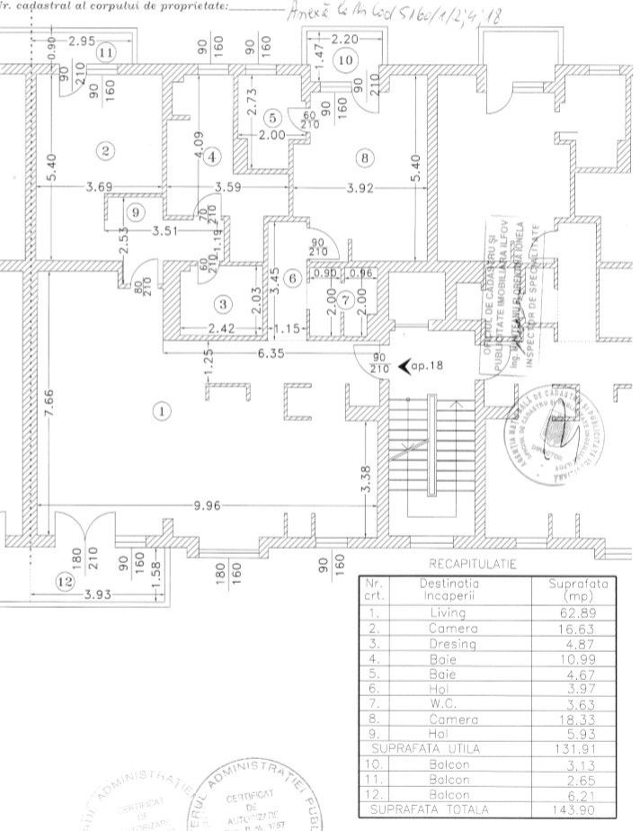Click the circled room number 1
click(162, 412)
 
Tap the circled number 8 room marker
click(363, 158)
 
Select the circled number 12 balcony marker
click(64, 581)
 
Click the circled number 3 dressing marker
click(224, 301)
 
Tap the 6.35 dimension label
click(271, 353)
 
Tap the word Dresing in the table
click(448, 643)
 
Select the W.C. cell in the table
click(448, 704)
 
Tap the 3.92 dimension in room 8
click(364, 189)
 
